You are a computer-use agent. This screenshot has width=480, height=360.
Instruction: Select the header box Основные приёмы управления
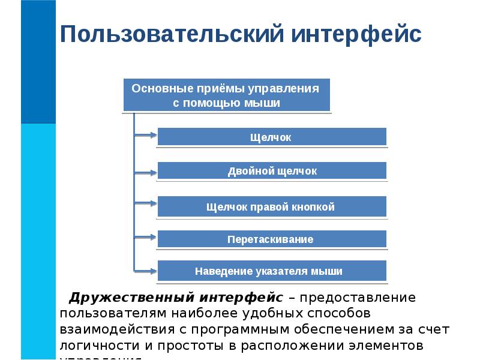click(226, 95)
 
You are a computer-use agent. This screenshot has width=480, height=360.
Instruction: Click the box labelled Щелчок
click(271, 137)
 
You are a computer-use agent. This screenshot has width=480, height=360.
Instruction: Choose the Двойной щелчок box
click(271, 172)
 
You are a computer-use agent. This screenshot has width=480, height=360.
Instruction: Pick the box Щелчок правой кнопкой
click(271, 207)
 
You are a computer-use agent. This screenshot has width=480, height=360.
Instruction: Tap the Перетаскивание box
click(271, 239)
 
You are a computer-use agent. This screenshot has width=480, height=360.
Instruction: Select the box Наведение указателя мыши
click(271, 271)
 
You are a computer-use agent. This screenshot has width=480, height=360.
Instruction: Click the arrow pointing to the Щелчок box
click(144, 137)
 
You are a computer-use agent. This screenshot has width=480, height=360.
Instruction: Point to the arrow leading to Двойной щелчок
click(144, 172)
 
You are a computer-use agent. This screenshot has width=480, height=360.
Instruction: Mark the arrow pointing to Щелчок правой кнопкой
click(144, 204)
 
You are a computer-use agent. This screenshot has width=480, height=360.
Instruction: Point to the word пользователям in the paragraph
click(112, 314)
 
